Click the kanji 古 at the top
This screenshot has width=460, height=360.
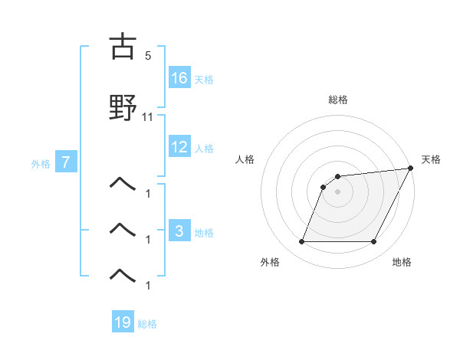point(123,47)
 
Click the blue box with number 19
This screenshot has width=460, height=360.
point(123,322)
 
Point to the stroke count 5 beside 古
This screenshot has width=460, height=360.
point(148,56)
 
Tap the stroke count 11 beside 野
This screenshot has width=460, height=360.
point(148,117)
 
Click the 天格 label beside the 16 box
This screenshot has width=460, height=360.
point(203,79)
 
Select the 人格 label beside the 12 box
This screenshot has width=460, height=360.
point(203,148)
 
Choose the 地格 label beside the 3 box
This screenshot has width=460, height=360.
point(203,232)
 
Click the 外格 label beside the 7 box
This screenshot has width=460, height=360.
point(41,163)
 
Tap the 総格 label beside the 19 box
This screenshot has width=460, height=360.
point(147,323)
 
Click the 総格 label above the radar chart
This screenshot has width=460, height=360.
point(338,100)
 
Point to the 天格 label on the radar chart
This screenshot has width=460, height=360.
point(431,159)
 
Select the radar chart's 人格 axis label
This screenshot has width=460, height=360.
point(245,159)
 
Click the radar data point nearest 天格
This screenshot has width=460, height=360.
point(411,168)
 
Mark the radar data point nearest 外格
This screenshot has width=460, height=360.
point(301,242)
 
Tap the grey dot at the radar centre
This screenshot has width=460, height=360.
point(338,191)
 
